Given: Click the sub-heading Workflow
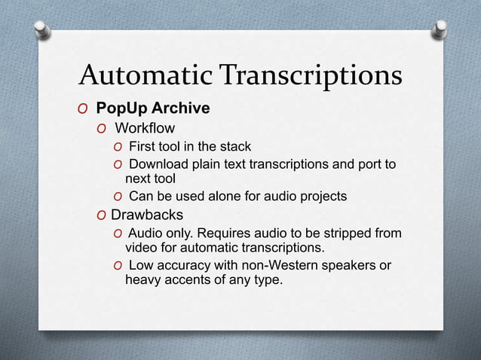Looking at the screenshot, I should tap(145, 128).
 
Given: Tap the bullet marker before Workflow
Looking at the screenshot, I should tap(101, 129).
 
